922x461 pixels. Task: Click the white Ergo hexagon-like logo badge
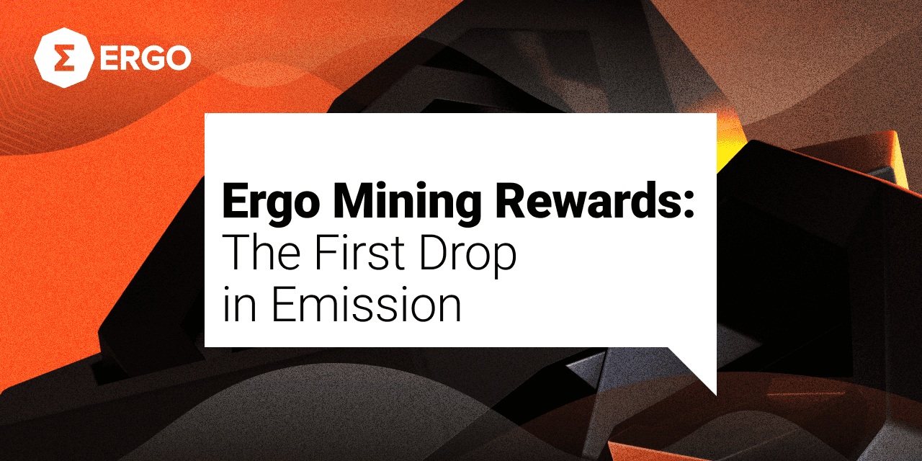64,58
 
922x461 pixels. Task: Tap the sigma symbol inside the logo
65,58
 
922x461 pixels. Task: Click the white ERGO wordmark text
146,58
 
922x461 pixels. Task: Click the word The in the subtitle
261,252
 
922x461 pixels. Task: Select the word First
360,252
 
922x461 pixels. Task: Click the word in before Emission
240,304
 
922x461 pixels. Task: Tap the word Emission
367,304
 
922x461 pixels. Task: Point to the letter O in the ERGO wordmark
176,58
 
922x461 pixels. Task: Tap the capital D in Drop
434,252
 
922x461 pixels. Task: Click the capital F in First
326,252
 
